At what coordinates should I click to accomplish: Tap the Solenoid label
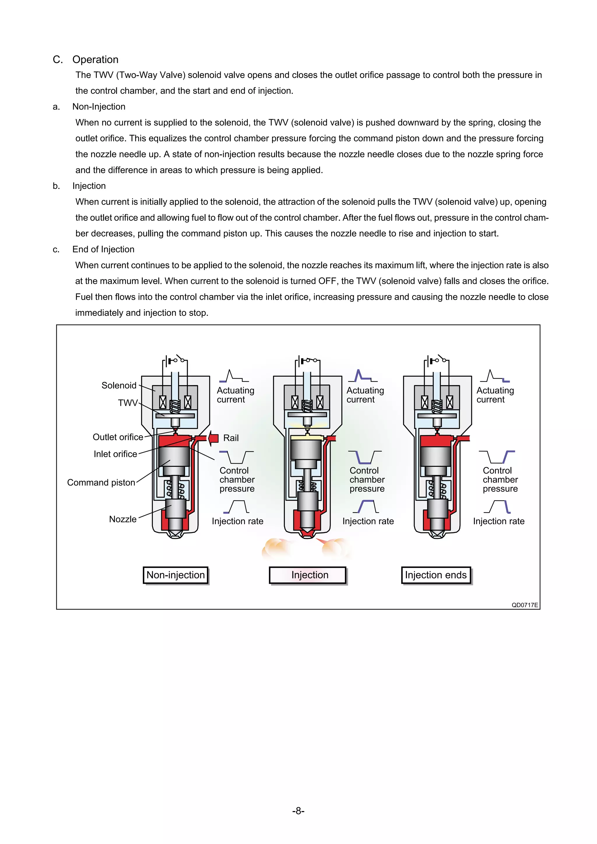[119, 385]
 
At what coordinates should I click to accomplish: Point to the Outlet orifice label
[118, 437]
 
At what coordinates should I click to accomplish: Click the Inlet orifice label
[115, 454]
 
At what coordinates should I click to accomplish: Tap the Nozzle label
[122, 519]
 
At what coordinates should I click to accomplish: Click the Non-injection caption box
[175, 575]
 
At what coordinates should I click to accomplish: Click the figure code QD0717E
[525, 605]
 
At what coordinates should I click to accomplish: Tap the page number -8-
[298, 810]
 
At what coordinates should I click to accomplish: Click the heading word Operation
[95, 59]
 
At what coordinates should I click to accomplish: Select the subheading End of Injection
[103, 249]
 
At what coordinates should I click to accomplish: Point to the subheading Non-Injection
[99, 107]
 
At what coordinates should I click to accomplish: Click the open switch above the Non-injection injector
[180, 358]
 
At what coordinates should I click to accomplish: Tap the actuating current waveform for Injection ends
[495, 376]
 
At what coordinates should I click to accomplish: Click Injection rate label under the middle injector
[368, 521]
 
